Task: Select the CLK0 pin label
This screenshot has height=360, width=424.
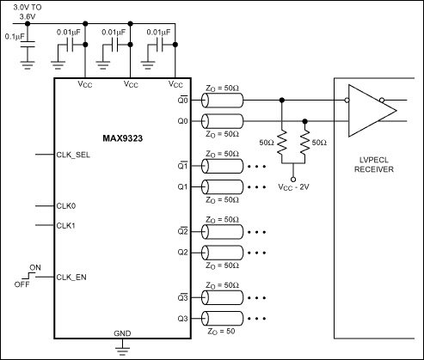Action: click(x=66, y=206)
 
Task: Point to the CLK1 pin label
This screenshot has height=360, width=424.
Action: click(x=66, y=225)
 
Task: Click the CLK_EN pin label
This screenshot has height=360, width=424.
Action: click(x=72, y=277)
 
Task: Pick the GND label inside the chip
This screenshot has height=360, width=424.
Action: click(x=123, y=332)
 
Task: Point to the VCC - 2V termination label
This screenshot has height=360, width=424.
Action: click(x=295, y=186)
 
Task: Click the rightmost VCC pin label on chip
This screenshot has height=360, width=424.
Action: click(x=175, y=85)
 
